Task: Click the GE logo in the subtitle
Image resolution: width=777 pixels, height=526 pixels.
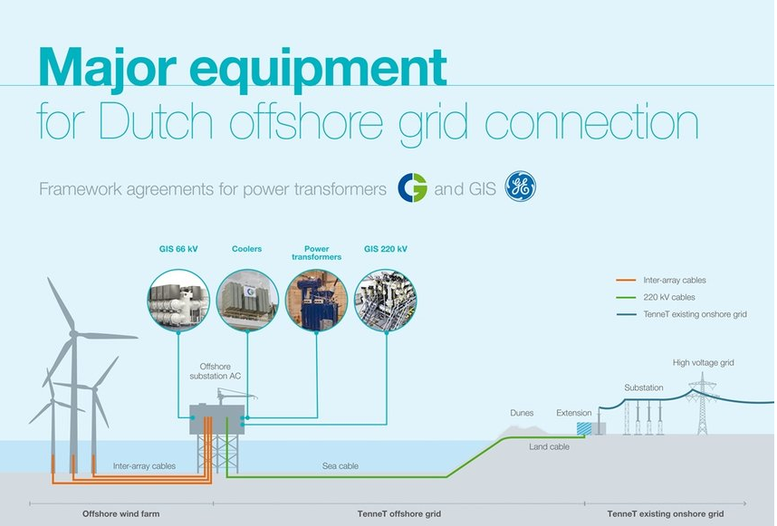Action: (521, 186)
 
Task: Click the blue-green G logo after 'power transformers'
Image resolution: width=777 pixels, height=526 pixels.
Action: (412, 187)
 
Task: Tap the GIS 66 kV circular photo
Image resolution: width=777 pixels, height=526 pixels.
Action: (178, 301)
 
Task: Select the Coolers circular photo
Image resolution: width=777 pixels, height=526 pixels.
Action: (247, 301)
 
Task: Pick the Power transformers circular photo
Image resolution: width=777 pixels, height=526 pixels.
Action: (317, 301)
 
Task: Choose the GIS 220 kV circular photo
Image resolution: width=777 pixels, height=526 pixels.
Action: (386, 301)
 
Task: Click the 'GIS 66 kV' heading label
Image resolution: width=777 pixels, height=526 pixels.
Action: (178, 249)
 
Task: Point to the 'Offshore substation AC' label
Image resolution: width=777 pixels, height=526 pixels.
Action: (215, 371)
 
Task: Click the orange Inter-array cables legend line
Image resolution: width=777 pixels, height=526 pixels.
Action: (626, 281)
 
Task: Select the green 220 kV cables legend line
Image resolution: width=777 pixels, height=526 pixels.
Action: (626, 297)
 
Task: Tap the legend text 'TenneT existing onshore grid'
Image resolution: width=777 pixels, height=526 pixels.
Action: (695, 314)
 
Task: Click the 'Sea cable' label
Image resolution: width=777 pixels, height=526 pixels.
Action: (340, 466)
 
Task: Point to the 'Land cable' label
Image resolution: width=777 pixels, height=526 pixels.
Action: (549, 446)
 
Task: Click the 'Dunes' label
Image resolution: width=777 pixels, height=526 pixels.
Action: (522, 413)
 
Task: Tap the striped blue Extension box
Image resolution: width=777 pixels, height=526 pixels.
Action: (584, 428)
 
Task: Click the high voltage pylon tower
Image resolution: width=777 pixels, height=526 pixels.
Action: (702, 404)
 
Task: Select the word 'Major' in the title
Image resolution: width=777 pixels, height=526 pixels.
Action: (108, 68)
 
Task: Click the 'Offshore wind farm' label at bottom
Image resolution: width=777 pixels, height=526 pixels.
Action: (121, 513)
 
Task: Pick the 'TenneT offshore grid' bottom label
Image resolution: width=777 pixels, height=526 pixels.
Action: (398, 513)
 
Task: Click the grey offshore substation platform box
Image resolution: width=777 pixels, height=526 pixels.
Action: (217, 419)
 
